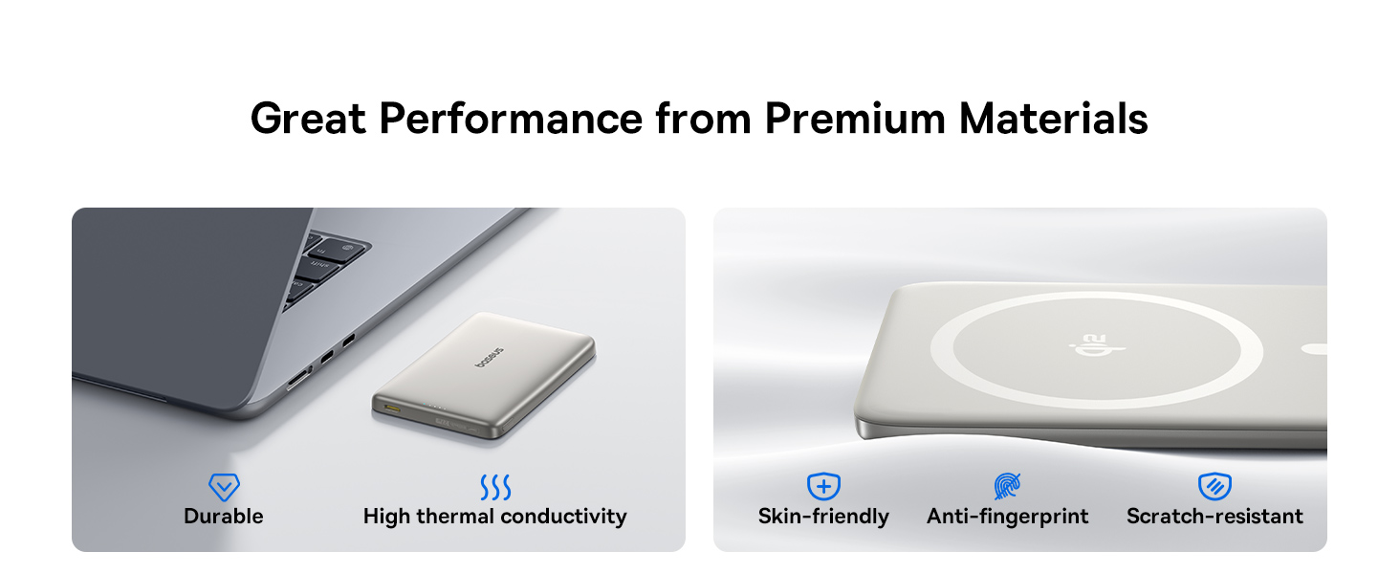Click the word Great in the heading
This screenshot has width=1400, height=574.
point(307,119)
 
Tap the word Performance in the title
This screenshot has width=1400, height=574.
point(511,119)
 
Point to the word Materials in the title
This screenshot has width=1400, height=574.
point(1053,119)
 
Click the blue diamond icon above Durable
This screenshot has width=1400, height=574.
point(224,488)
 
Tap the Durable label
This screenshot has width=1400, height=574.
point(224,517)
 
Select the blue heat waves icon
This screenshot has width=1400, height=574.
point(495,488)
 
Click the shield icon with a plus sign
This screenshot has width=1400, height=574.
point(823,487)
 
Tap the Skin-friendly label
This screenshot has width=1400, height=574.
point(823,517)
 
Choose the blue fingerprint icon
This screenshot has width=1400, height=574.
point(1007,487)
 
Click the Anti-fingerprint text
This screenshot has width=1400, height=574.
point(1007,517)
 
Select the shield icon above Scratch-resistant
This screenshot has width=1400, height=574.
point(1214,487)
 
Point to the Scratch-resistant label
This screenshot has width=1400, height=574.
point(1214,517)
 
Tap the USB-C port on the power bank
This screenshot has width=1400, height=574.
point(393,409)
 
